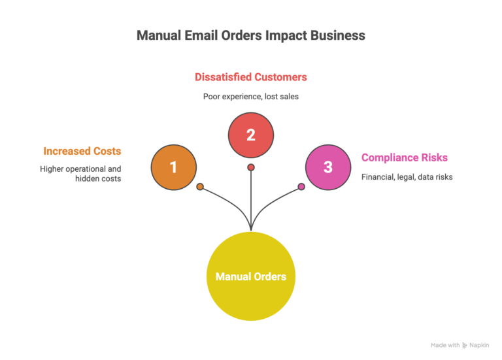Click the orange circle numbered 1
173,167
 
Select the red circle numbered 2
250,135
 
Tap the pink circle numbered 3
328,167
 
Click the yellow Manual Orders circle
251,276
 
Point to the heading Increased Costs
82,151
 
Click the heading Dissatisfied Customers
250,77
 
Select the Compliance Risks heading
405,157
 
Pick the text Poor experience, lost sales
250,96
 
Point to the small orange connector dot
200,187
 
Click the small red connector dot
251,167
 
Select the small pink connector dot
301,187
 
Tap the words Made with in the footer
445,345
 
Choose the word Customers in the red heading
280,77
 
